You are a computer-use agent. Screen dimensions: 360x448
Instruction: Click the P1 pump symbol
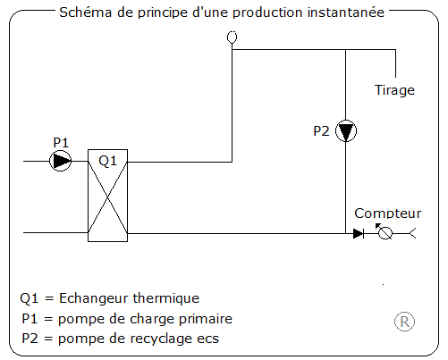[60, 161]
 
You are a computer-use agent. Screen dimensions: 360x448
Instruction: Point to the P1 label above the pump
[60, 142]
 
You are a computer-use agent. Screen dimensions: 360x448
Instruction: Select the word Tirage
[393, 89]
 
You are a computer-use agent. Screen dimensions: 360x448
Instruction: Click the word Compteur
[387, 213]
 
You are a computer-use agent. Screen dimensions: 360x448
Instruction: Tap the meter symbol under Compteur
[385, 233]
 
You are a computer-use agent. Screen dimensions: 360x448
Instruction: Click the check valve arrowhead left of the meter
[359, 233]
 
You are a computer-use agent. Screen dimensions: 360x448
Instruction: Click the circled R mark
[405, 322]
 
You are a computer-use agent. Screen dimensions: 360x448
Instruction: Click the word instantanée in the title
[345, 13]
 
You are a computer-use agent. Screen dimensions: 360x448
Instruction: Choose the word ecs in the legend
[207, 339]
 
